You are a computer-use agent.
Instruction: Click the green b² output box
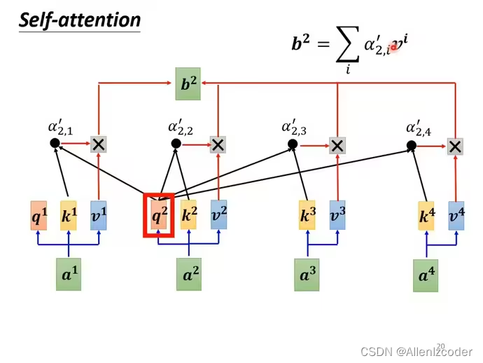(x=188, y=84)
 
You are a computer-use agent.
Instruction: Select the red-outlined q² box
(x=160, y=216)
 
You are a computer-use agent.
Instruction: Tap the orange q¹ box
(x=39, y=216)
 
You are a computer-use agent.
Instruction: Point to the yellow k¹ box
(x=69, y=216)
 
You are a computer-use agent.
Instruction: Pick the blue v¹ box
(x=99, y=216)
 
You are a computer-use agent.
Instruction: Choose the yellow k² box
(x=188, y=215)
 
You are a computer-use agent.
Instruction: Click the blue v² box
(x=218, y=215)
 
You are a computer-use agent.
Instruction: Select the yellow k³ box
(x=307, y=216)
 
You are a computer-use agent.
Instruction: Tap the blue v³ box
(x=337, y=216)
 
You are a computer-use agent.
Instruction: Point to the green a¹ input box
(x=69, y=274)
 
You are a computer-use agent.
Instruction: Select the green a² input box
(x=188, y=275)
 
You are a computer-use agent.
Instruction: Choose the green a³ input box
(x=307, y=275)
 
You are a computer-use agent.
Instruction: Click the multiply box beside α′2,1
(x=99, y=144)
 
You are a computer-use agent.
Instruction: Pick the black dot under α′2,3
(x=293, y=144)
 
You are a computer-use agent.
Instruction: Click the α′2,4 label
(x=419, y=128)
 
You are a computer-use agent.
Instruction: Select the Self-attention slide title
(x=80, y=20)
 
